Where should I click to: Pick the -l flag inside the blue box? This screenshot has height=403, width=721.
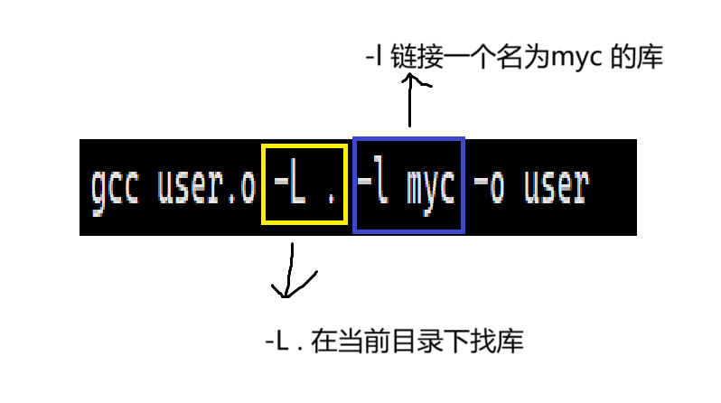pos(373,188)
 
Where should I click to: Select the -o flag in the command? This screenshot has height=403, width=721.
pos(492,188)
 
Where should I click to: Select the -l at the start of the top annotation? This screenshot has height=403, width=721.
pos(371,59)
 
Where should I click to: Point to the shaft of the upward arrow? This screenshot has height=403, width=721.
pos(410,107)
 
